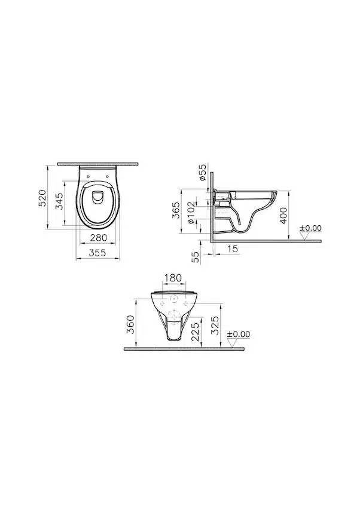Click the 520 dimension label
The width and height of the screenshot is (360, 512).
coord(42,198)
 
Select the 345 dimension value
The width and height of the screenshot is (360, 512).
coord(59,201)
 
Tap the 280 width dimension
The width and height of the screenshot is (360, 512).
coord(99,238)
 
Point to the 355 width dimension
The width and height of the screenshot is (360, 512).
coord(97,252)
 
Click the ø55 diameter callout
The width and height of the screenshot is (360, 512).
coord(202,173)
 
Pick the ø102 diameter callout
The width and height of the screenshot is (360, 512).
coord(191,213)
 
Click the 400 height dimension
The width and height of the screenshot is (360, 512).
coord(283,216)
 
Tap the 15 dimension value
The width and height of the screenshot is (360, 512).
coord(233,249)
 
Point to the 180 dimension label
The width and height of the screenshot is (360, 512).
coord(173,278)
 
